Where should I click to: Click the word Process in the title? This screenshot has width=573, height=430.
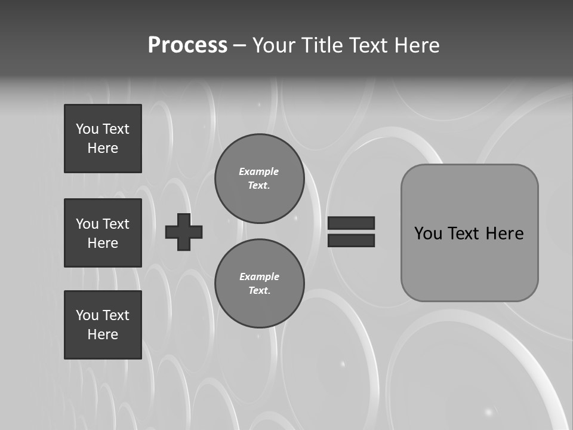(187, 45)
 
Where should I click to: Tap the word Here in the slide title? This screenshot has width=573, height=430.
(417, 45)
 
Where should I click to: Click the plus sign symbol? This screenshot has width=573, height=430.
(184, 232)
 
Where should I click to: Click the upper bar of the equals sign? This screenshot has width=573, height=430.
(351, 223)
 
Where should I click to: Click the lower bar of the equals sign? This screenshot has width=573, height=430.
(351, 240)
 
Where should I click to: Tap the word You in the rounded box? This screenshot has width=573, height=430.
(428, 233)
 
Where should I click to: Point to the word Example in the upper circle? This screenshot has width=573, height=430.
(258, 171)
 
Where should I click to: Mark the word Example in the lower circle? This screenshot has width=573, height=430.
(259, 277)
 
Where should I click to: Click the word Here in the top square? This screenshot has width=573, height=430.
(103, 148)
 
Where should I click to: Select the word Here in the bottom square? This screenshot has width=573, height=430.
(103, 334)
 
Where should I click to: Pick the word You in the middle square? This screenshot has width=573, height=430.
(87, 224)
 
